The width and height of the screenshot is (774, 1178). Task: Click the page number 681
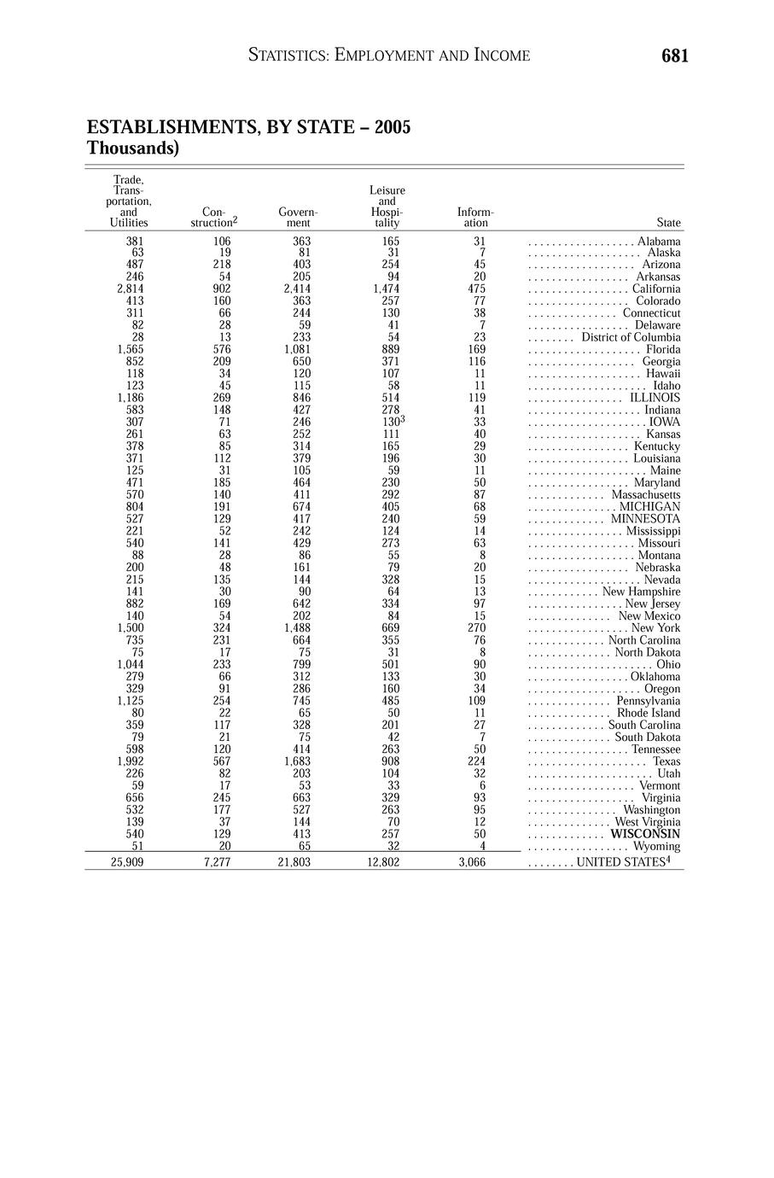(x=674, y=56)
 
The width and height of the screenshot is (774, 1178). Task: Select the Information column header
(x=475, y=217)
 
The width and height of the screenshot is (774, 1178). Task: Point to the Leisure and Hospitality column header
(x=387, y=207)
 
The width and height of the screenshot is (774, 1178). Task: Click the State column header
(x=669, y=223)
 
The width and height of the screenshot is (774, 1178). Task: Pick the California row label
(x=656, y=289)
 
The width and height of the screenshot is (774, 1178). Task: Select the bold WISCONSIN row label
(x=645, y=834)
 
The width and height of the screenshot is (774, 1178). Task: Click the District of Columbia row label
(x=631, y=337)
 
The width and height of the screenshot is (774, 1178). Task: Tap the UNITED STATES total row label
(x=626, y=862)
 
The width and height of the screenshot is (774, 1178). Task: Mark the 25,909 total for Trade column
(x=127, y=862)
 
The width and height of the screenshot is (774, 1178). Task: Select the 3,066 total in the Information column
(x=472, y=862)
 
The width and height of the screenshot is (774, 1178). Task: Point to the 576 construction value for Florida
(x=222, y=349)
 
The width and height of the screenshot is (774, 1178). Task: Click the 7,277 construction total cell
(x=218, y=862)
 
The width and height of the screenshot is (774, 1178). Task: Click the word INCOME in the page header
(x=498, y=56)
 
